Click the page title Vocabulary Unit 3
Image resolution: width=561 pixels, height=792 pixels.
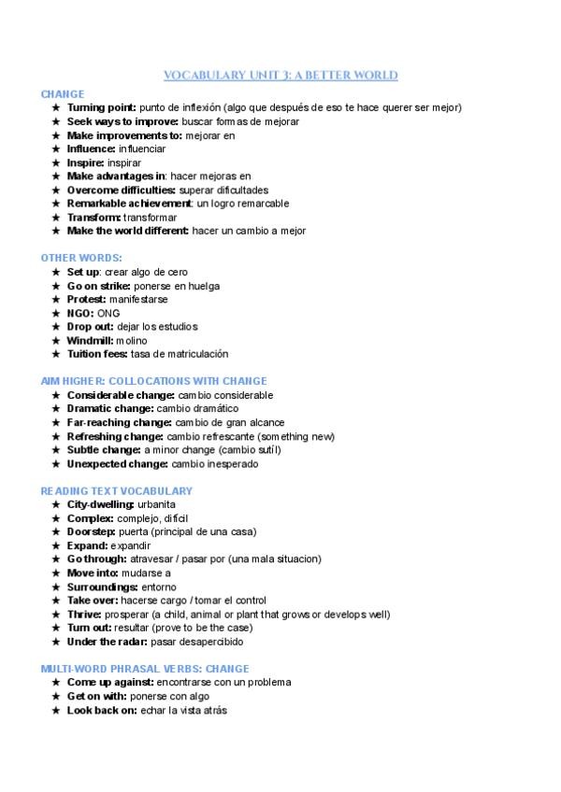click(280, 76)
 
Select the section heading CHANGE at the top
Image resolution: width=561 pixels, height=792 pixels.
click(63, 93)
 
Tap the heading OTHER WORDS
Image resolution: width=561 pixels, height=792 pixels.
click(81, 257)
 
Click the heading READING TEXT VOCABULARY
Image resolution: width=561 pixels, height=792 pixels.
click(117, 490)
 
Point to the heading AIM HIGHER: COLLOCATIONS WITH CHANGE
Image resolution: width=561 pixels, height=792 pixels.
click(154, 381)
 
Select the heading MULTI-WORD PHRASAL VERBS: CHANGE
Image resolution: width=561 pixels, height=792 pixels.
click(145, 669)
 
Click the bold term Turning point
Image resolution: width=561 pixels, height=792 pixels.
click(101, 107)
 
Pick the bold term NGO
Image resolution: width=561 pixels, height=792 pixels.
click(80, 313)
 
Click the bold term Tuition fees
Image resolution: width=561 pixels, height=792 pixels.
click(101, 354)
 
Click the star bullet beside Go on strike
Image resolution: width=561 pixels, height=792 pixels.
click(56, 286)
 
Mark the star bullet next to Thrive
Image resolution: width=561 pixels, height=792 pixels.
click(56, 615)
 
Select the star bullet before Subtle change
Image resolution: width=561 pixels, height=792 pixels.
click(56, 450)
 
